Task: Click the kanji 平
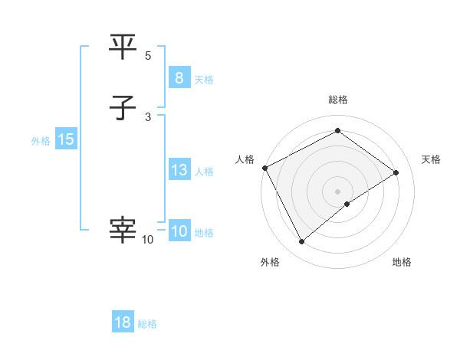123,48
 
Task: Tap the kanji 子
123,109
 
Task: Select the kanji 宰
123,230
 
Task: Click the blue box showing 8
179,78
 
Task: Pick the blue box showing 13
179,170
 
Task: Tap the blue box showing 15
65,139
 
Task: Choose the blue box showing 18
123,322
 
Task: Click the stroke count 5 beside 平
148,56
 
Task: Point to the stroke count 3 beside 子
148,116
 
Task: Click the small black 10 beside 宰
147,240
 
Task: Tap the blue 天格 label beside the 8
204,80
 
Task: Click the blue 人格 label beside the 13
204,172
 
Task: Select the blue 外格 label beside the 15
41,141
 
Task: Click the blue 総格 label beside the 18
147,324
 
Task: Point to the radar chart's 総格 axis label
337,100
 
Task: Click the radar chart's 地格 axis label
402,262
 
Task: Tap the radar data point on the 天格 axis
396,172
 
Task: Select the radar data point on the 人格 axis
264,167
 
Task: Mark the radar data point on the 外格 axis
302,242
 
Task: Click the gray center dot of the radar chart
337,190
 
